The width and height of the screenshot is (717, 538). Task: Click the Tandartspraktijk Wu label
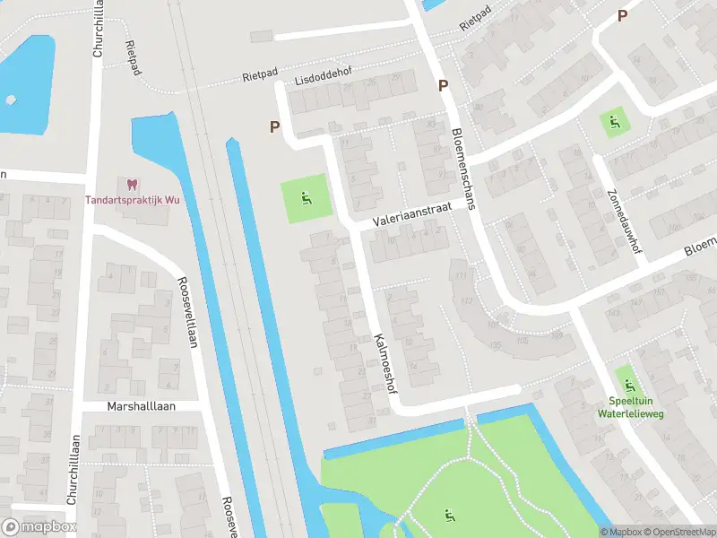(133, 200)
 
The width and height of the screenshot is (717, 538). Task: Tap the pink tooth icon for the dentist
(133, 185)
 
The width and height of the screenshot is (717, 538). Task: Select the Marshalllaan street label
(142, 406)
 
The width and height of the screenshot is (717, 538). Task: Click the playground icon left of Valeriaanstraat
(307, 198)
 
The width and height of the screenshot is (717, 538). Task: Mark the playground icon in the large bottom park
(447, 515)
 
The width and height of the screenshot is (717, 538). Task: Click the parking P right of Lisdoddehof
(442, 86)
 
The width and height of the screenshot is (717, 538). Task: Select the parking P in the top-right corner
(621, 15)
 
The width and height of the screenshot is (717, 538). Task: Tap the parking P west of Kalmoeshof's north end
(275, 127)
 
